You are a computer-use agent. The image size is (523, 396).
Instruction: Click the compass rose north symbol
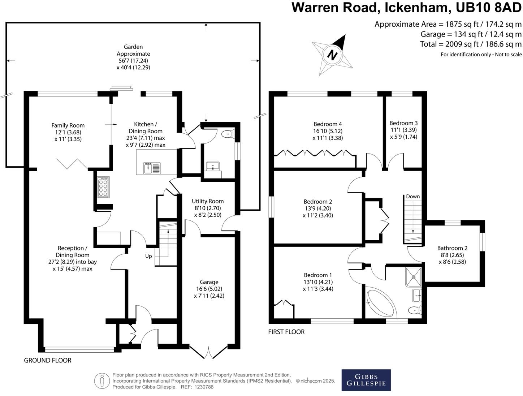click(332, 55)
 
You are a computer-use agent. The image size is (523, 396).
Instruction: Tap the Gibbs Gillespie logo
click(366, 380)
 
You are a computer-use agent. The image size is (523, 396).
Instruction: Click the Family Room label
click(68, 132)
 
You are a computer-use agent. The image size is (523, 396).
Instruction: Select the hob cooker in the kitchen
click(103, 187)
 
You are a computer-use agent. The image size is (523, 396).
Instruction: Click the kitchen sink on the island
click(152, 168)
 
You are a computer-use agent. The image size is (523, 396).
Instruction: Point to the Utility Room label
click(208, 208)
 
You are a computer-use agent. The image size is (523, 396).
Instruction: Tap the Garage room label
click(209, 288)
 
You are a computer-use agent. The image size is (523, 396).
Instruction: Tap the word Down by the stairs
click(413, 197)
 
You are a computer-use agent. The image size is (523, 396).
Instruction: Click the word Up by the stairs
click(148, 256)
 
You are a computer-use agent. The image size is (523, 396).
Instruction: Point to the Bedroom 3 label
click(403, 130)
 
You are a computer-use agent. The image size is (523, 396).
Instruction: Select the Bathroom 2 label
click(452, 255)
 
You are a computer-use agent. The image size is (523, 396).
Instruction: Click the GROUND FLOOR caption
click(48, 360)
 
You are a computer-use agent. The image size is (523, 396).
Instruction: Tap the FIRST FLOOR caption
click(286, 332)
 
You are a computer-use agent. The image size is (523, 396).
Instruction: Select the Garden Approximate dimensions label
click(133, 57)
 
